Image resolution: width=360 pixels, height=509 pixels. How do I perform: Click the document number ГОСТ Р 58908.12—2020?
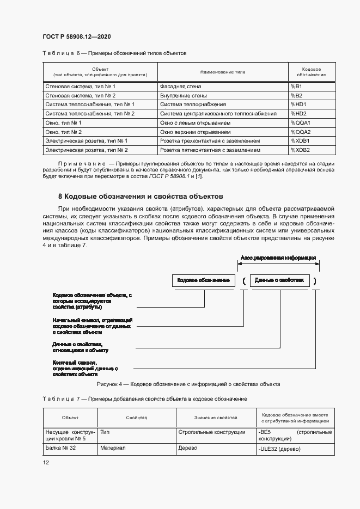tap(77, 36)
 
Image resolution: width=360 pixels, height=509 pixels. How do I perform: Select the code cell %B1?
tap(296, 87)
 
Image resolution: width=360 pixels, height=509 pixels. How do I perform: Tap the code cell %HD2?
tap(298, 114)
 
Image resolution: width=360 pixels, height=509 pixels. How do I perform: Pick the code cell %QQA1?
tap(300, 123)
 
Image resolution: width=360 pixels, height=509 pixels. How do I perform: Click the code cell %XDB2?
tap(300, 150)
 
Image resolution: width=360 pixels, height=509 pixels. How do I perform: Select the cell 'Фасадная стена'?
tap(180, 87)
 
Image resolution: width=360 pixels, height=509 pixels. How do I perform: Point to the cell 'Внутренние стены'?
tap(183, 96)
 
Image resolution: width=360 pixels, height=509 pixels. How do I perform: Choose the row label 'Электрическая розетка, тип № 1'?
tap(86, 141)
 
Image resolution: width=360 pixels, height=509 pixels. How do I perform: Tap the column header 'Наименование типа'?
tap(223, 72)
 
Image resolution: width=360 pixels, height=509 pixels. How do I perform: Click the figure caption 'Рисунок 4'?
tap(188, 384)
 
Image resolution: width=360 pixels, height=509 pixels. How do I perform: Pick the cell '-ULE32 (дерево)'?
tap(279, 449)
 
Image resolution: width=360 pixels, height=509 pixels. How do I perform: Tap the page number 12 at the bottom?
tap(46, 462)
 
